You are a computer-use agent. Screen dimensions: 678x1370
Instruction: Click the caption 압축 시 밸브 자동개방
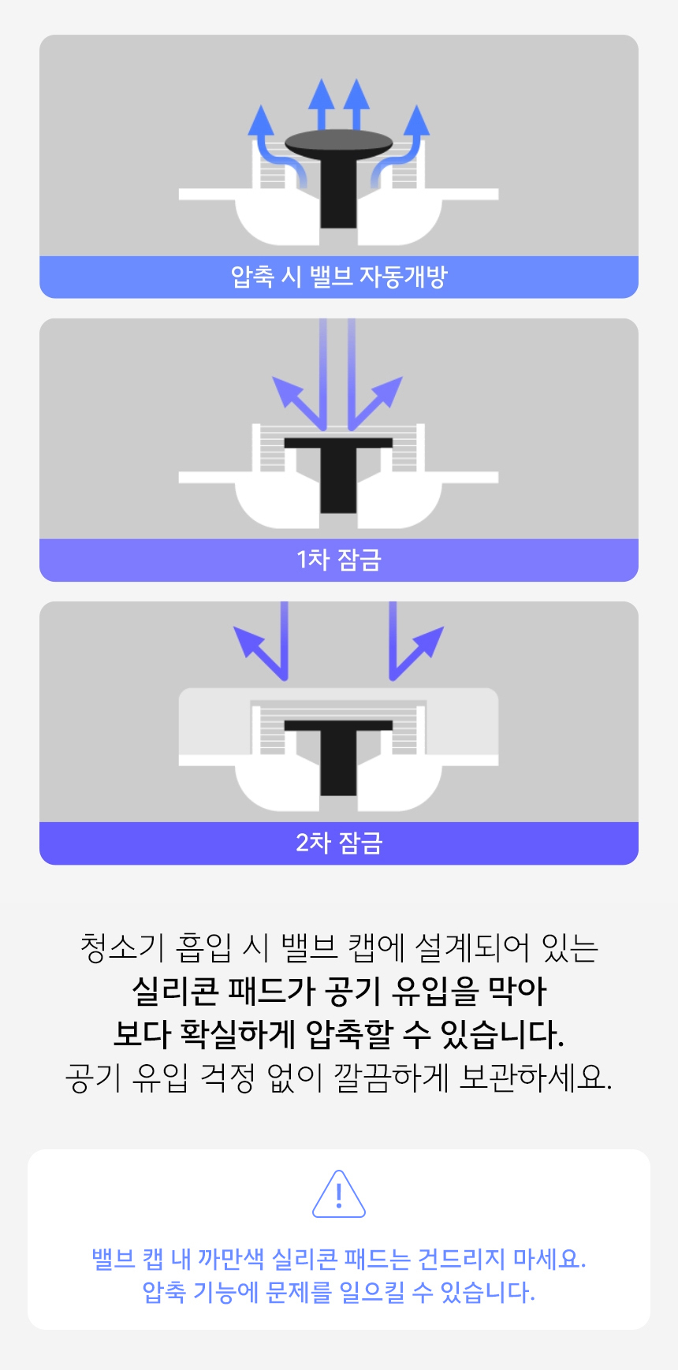coord(339,277)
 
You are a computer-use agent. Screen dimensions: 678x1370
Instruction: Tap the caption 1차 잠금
coord(339,560)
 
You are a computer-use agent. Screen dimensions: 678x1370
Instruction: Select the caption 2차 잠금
coord(339,843)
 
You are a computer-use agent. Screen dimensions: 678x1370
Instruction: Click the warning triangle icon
coord(339,1194)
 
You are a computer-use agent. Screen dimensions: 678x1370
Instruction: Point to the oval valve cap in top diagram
coord(338,143)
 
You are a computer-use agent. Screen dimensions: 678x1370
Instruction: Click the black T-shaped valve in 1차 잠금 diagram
coord(338,474)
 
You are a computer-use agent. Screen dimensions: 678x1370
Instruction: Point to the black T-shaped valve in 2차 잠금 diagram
coord(338,757)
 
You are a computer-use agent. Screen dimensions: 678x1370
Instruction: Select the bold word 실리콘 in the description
coord(174,991)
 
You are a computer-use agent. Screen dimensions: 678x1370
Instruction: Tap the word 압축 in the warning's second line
coord(164,1292)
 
